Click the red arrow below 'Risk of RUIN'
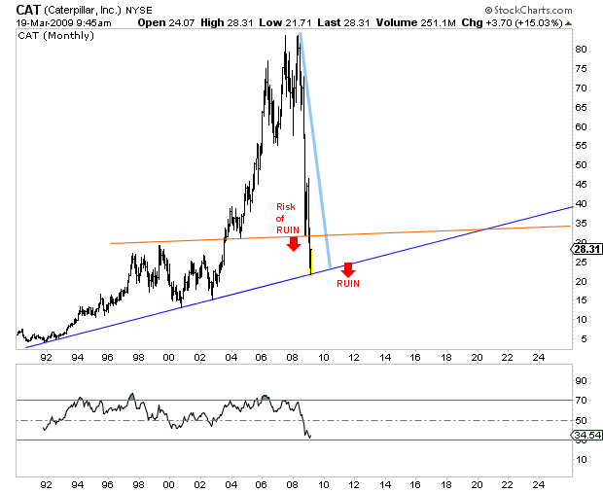click(x=293, y=243)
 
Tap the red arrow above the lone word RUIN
click(x=347, y=269)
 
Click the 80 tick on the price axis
click(x=580, y=49)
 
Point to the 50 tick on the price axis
click(x=580, y=164)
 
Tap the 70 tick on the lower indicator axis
click(x=580, y=400)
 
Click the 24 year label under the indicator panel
click(x=538, y=483)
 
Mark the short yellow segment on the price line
click(x=310, y=261)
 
